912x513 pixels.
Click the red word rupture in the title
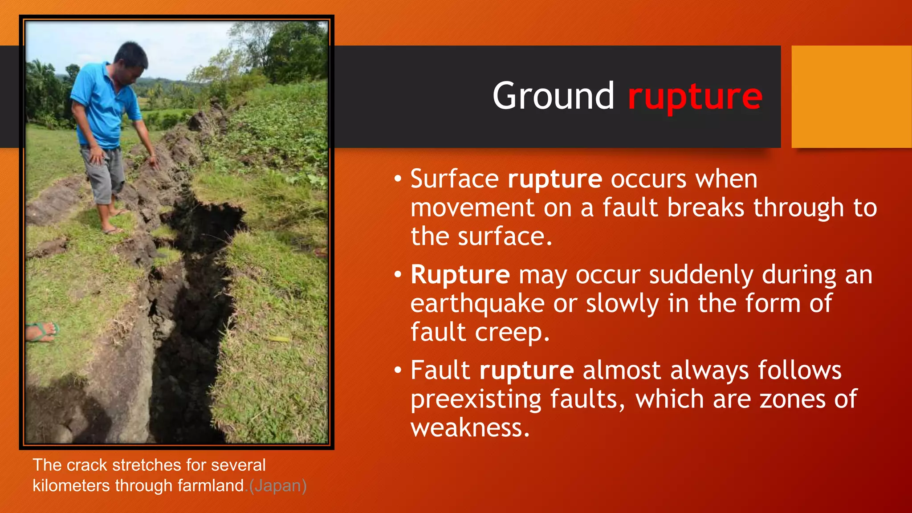[x=695, y=97]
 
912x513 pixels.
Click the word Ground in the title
[x=553, y=96]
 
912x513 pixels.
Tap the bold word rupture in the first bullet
[x=555, y=179]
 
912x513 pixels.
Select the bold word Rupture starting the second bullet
[x=460, y=275]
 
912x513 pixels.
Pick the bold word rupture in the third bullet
[x=527, y=370]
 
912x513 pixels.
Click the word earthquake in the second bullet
[x=477, y=304]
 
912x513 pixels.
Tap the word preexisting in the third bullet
[x=476, y=399]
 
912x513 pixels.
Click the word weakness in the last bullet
[x=470, y=428]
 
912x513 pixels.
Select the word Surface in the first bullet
[x=454, y=179]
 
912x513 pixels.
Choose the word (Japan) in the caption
[x=278, y=485]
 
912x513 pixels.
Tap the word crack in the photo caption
[x=87, y=465]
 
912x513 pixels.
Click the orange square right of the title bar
[x=851, y=96]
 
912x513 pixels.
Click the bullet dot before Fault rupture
[x=398, y=370]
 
